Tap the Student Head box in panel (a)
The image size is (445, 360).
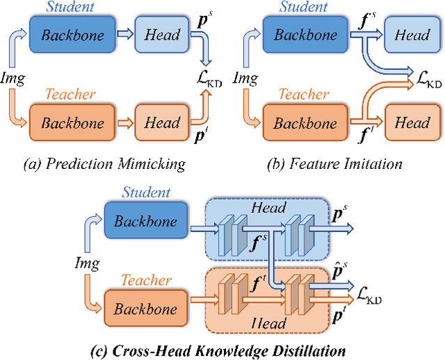click(x=162, y=33)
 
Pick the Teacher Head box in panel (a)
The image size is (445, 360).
click(x=162, y=123)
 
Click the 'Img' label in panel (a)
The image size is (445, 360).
click(x=15, y=78)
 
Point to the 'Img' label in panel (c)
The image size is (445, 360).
click(x=87, y=264)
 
